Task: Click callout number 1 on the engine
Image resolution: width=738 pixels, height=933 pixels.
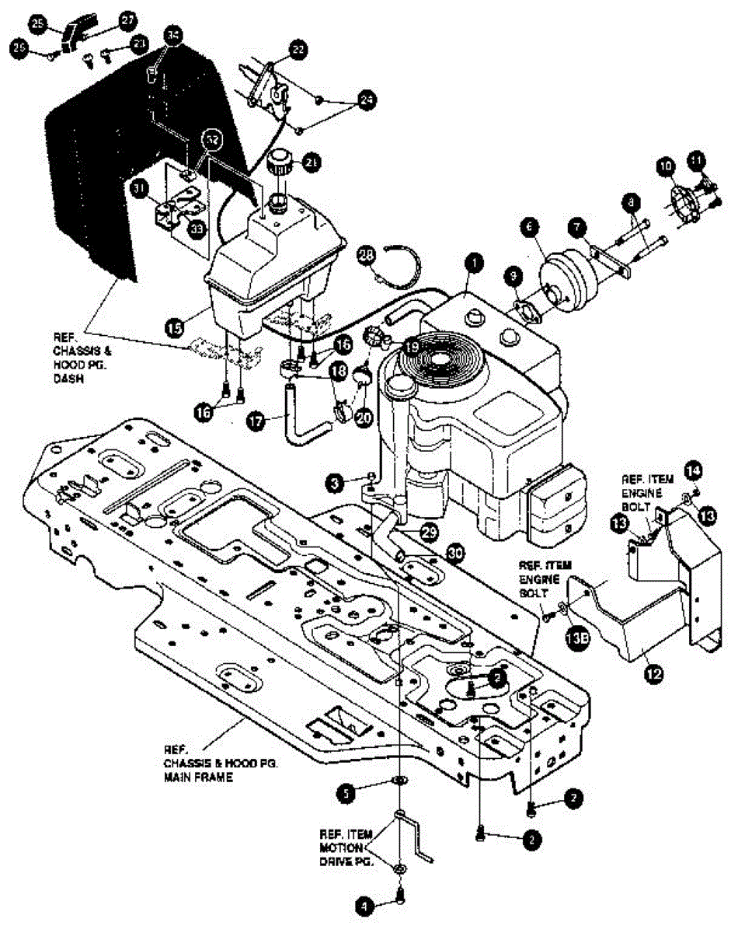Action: (470, 265)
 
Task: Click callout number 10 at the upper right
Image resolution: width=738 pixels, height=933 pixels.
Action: (664, 165)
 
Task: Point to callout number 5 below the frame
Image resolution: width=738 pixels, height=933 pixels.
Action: (347, 793)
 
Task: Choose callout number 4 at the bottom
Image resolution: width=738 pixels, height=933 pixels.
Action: (363, 904)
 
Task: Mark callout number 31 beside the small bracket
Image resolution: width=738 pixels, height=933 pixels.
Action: (140, 188)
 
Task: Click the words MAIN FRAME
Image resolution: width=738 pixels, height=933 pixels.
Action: (191, 776)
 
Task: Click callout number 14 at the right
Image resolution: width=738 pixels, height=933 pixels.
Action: (693, 469)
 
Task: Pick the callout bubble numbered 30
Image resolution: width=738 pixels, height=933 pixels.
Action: (458, 551)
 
